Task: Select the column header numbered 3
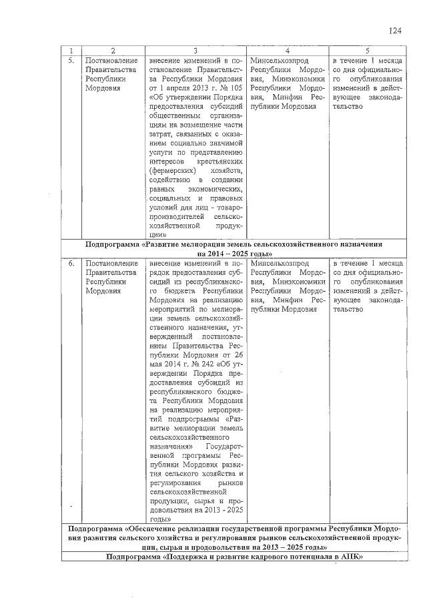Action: pyautogui.click(x=195, y=51)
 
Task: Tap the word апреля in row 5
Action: pyautogui.click(x=177, y=87)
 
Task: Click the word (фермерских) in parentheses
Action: pyautogui.click(x=172, y=171)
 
